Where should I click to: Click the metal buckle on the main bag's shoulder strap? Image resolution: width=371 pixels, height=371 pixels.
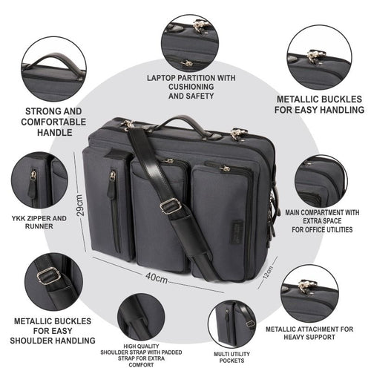point(171,206)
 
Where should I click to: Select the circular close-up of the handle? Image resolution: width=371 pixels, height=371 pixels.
point(53,69)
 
